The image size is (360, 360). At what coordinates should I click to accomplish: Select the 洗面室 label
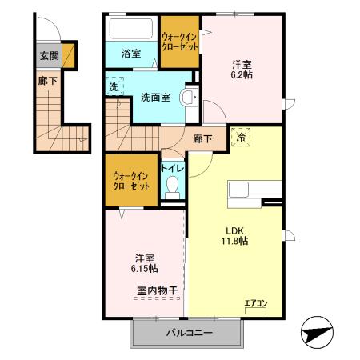tap(154, 98)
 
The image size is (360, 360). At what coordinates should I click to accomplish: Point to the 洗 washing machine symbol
tap(114, 86)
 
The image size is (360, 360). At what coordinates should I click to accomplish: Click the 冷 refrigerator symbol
tap(240, 138)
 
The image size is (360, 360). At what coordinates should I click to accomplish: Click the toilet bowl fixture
tap(170, 189)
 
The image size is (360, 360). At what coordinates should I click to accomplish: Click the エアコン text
tap(255, 302)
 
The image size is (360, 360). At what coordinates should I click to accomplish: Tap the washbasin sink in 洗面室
tap(189, 98)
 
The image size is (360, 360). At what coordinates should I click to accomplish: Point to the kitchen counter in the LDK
tap(254, 190)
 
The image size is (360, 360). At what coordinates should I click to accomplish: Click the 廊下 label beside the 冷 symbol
tap(203, 138)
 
